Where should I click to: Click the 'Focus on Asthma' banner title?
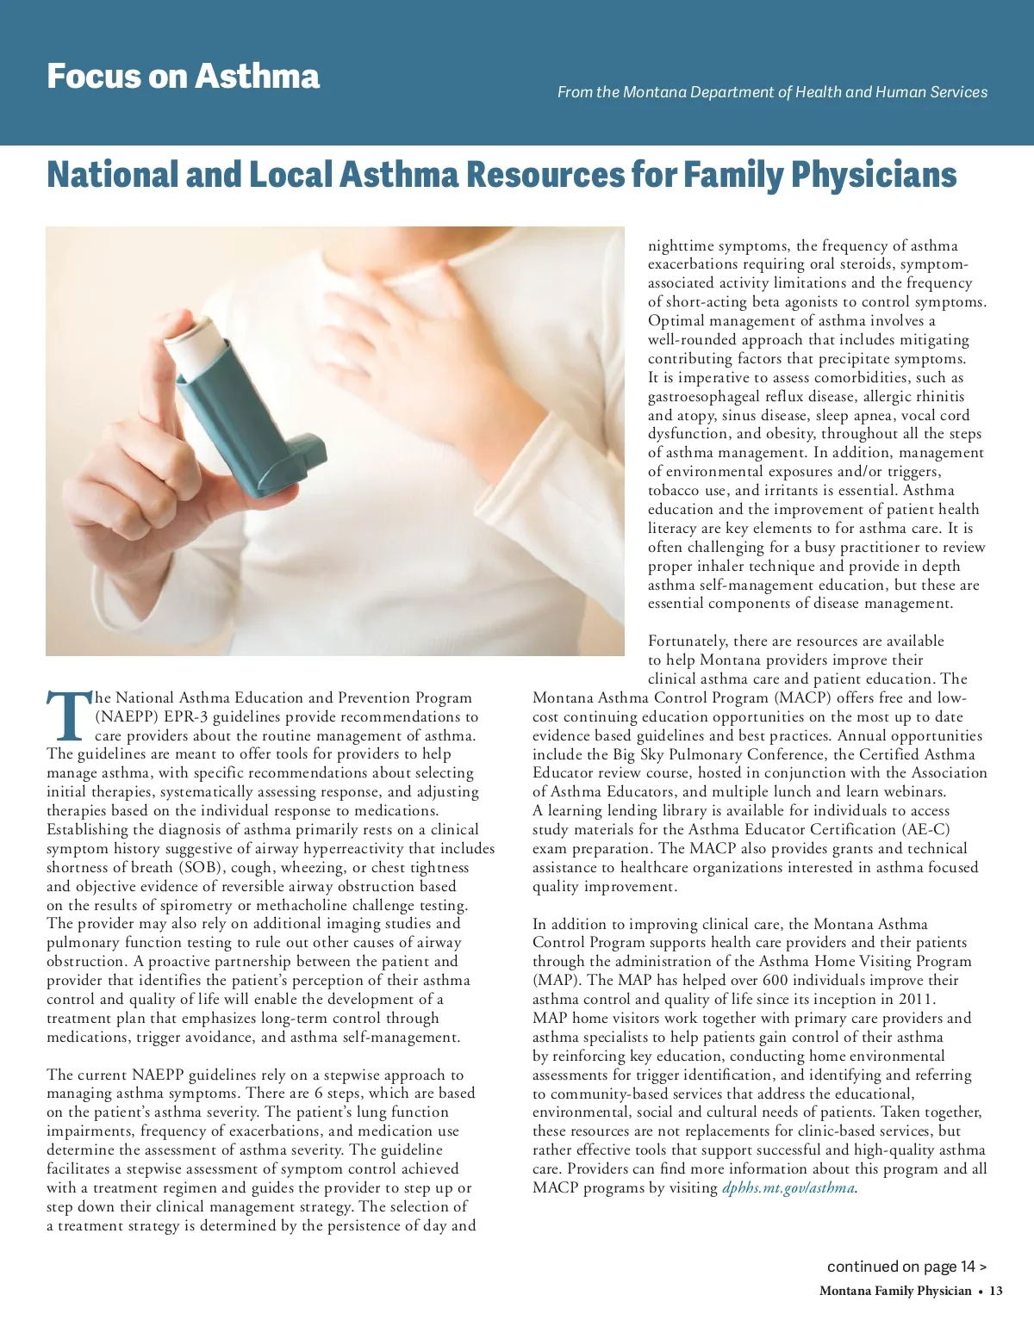pyautogui.click(x=183, y=76)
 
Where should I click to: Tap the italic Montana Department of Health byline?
pyautogui.click(x=772, y=92)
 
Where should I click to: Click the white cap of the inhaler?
pyautogui.click(x=190, y=340)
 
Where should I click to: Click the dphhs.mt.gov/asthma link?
pyautogui.click(x=788, y=1188)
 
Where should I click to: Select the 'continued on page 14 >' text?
pyautogui.click(x=906, y=1266)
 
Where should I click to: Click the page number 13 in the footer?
pyautogui.click(x=996, y=1291)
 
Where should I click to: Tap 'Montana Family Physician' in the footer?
pyautogui.click(x=895, y=1291)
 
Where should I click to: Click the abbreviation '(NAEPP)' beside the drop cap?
pyautogui.click(x=125, y=716)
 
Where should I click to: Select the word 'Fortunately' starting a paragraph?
pyautogui.click(x=688, y=641)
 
